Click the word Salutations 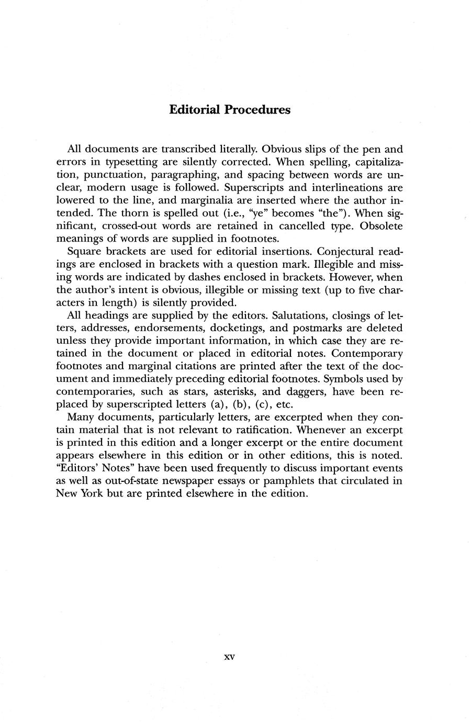pyautogui.click(x=301, y=315)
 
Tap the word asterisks pyautogui.click(x=223, y=392)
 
